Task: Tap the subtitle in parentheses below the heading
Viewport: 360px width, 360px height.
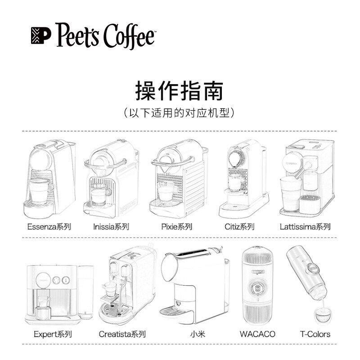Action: point(179,112)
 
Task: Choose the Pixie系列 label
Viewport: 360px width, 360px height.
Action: point(176,226)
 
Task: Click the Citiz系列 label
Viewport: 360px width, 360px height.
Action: point(239,226)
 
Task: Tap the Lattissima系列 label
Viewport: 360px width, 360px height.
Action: point(306,226)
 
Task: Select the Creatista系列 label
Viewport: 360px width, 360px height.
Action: point(122,334)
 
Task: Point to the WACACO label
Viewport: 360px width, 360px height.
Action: point(257,334)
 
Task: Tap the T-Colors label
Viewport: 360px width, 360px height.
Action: point(315,334)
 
